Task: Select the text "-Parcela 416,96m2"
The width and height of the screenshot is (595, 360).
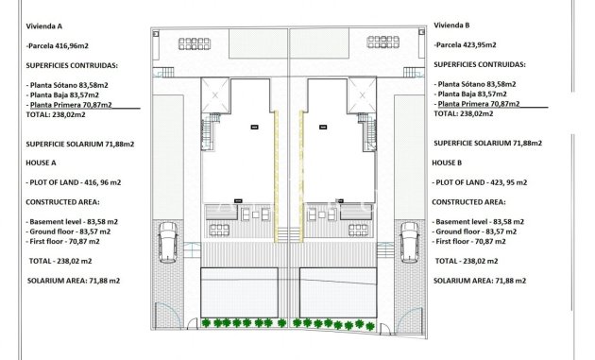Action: [58, 44]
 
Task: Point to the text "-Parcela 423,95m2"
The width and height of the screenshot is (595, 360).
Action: [467, 44]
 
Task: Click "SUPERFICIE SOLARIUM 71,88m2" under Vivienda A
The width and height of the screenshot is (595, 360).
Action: [80, 144]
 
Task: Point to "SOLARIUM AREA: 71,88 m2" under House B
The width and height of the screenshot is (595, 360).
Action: [479, 281]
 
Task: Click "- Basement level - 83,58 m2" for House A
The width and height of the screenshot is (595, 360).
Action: [75, 221]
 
